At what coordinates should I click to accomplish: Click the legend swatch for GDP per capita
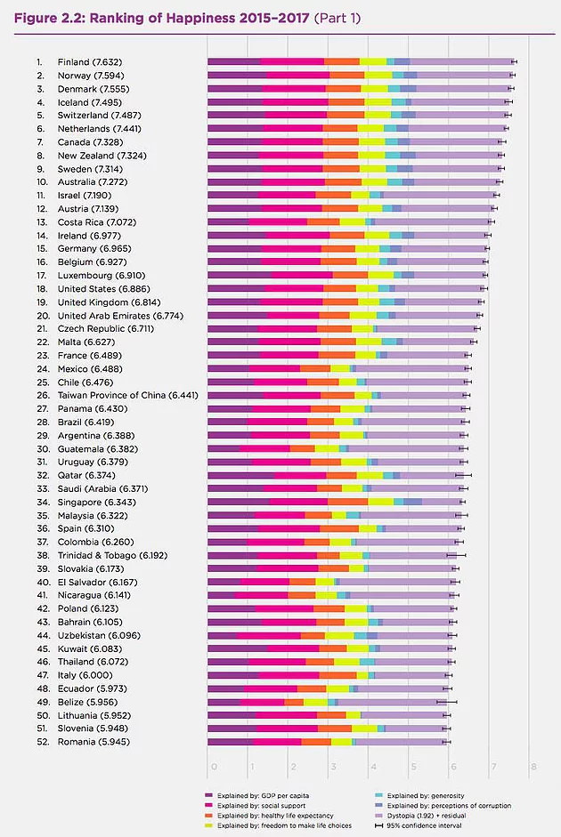(208, 794)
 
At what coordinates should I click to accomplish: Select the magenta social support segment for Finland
(293, 61)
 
